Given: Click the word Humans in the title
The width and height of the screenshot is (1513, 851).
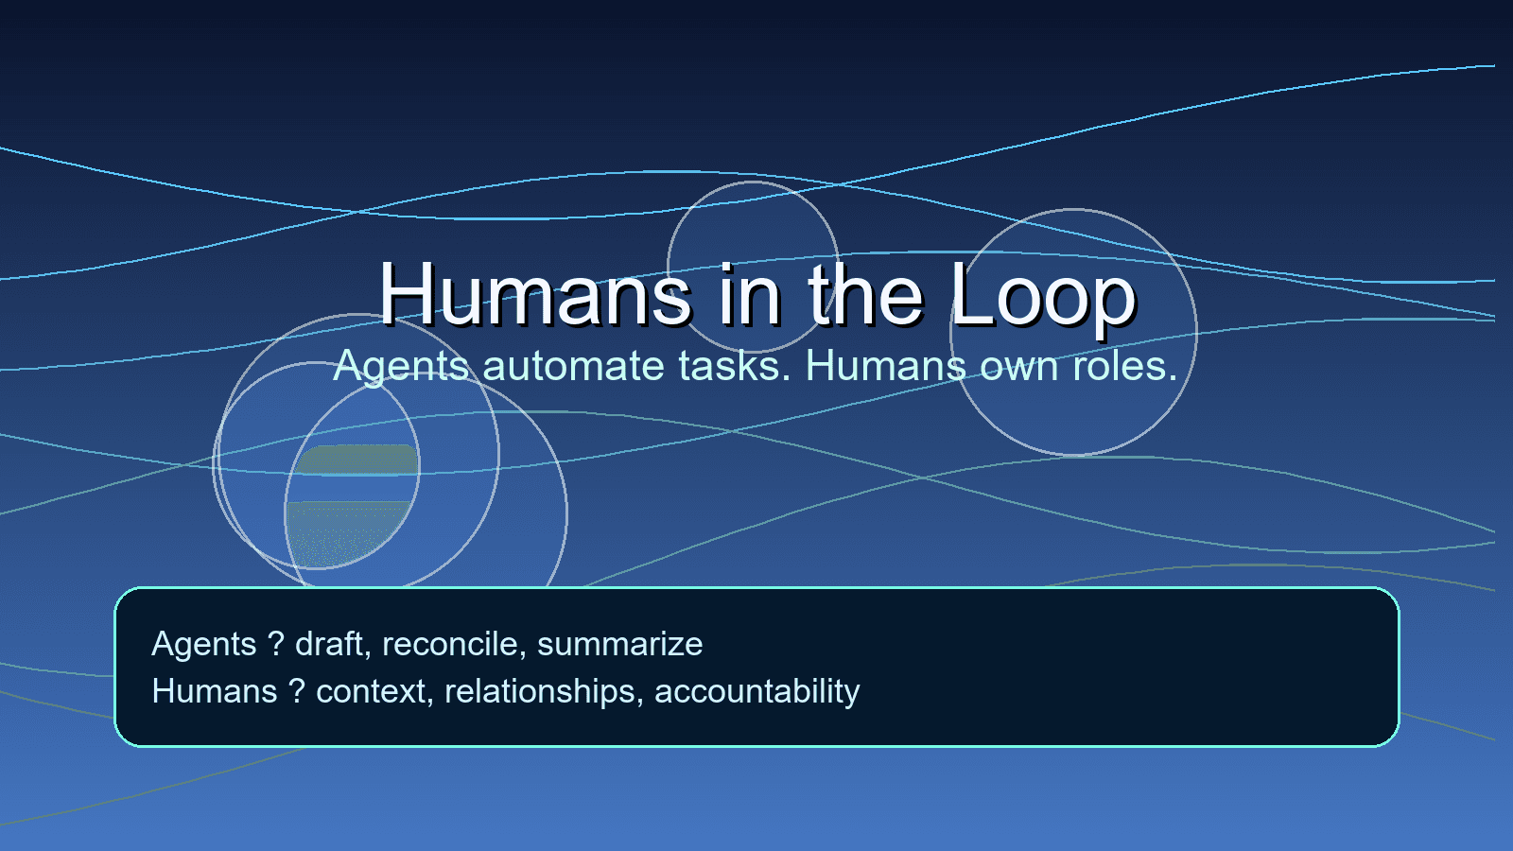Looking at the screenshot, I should [535, 295].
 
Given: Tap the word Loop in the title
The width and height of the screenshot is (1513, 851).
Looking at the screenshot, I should [1042, 295].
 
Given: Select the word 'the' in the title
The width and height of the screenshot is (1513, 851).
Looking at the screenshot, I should [864, 295].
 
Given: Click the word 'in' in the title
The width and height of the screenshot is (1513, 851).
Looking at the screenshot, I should [749, 295].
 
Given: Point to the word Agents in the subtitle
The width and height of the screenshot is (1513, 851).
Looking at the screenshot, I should [401, 367].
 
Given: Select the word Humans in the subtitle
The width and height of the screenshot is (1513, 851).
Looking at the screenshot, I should [885, 367].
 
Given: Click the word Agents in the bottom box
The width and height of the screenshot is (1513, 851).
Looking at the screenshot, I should [204, 645].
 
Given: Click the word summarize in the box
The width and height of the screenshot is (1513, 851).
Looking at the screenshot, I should [619, 645].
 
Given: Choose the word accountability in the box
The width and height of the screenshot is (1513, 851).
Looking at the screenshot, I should [756, 692].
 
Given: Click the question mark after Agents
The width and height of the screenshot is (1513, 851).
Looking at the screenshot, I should [276, 645].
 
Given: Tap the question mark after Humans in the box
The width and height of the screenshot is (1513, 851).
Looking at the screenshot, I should [297, 692].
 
